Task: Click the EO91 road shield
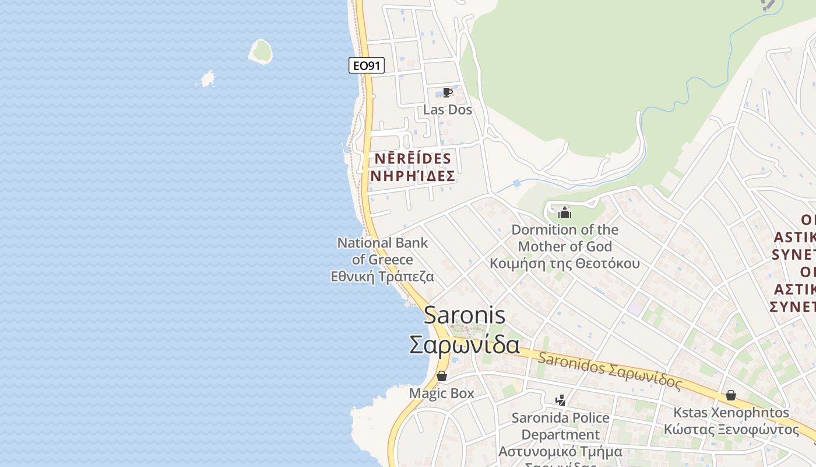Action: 367,65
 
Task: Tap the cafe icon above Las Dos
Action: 447,93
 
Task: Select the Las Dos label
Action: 447,110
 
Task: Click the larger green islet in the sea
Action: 261,51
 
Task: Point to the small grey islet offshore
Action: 207,79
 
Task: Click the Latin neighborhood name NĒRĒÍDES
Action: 413,159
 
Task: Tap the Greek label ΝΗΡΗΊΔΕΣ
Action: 413,176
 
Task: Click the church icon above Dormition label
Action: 564,212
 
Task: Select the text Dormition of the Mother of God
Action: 565,238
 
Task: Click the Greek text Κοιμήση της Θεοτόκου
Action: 564,263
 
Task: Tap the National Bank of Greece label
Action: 382,251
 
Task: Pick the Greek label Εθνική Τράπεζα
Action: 382,277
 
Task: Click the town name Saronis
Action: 465,315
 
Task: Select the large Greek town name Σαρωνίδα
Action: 465,344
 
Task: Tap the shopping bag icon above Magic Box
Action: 442,376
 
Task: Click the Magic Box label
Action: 441,393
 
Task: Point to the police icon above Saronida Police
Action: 560,400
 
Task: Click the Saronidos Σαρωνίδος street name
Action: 609,370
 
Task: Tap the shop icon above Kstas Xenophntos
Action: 731,395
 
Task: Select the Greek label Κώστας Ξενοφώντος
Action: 731,430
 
